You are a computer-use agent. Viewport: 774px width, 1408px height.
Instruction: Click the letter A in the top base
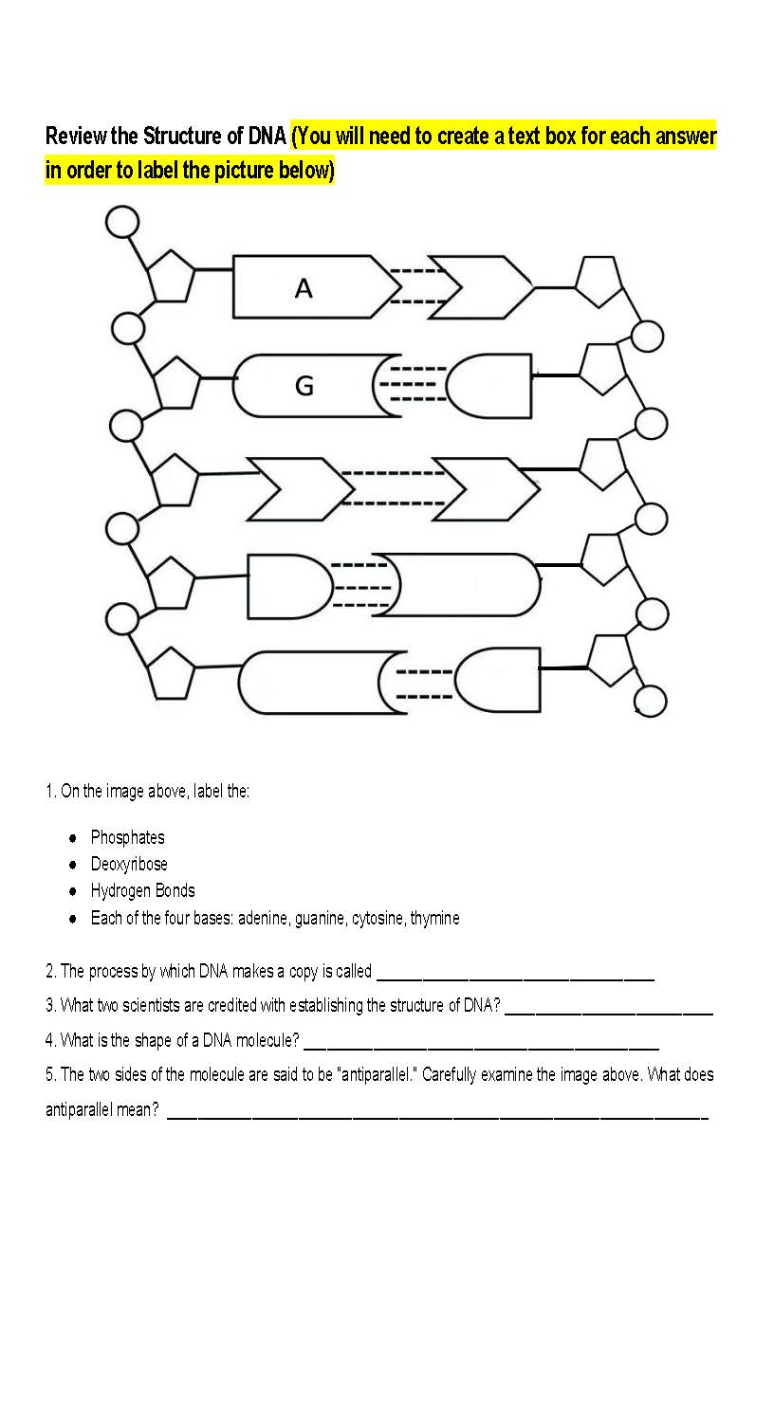304,288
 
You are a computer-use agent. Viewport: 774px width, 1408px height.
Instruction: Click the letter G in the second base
304,386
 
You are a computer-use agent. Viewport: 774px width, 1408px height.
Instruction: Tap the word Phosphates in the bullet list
127,837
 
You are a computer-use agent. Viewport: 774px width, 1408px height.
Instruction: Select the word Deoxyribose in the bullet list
129,864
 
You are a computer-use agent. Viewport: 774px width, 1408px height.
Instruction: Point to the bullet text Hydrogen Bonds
142,890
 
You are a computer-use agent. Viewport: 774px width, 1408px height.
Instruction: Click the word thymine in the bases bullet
434,918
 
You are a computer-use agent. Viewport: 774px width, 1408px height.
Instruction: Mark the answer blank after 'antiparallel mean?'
436,1112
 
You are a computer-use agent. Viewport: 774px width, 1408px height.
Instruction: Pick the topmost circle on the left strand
121,222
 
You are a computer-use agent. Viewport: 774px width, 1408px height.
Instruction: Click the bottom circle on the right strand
651,702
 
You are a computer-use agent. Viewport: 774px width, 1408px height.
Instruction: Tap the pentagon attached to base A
171,276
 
